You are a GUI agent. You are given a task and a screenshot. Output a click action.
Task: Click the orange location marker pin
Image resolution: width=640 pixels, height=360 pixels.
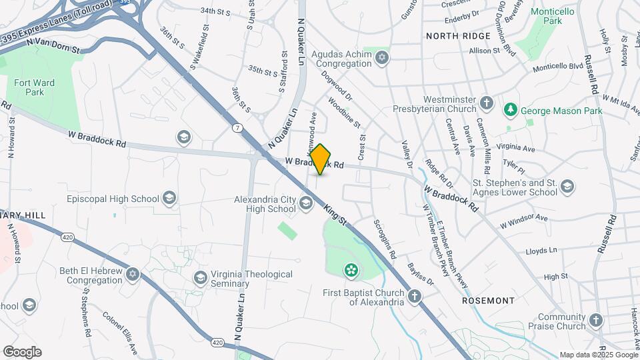[x=321, y=159]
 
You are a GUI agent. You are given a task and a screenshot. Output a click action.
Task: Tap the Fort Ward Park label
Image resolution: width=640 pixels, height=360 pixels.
[x=33, y=88]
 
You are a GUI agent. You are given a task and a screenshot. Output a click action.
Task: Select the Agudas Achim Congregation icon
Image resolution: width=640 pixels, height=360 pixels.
[x=382, y=58]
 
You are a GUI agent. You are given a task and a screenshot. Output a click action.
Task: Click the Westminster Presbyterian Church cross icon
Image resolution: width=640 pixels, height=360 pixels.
[x=487, y=103]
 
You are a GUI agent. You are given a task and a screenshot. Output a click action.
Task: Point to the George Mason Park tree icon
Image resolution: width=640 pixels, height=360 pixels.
[x=511, y=109]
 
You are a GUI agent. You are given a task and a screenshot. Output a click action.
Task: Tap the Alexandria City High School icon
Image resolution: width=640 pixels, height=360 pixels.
[x=306, y=203]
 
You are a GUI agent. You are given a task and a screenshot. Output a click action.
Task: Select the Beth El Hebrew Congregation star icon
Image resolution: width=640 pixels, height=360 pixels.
[x=133, y=275]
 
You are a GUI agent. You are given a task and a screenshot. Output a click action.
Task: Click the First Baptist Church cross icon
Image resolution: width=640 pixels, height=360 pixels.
[x=414, y=296]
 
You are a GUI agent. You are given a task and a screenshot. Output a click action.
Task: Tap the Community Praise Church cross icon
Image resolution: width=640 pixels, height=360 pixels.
[x=596, y=321]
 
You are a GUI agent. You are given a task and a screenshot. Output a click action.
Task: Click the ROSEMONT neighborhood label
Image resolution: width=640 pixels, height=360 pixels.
[x=488, y=301]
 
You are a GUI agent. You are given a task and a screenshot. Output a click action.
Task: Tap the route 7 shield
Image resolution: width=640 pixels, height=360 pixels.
[x=237, y=127]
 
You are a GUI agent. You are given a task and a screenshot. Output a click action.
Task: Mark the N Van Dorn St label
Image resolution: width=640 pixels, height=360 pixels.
[x=53, y=45]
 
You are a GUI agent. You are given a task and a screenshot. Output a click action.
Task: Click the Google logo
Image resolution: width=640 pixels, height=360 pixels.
[x=22, y=351]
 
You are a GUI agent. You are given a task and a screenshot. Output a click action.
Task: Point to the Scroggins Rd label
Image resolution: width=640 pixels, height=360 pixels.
[x=385, y=239]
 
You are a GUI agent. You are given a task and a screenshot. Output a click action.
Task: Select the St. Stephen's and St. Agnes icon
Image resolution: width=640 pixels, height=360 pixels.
[x=567, y=187]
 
